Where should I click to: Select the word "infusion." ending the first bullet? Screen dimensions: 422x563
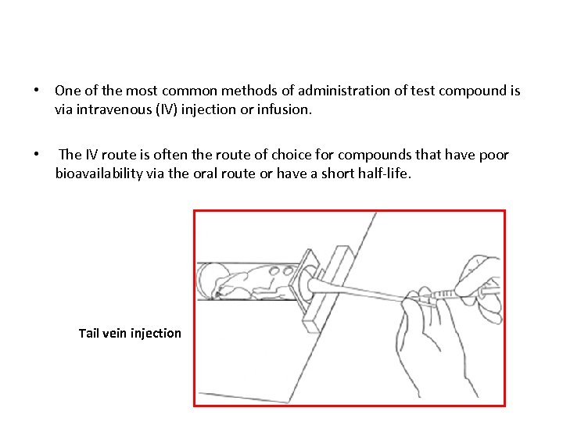pyautogui.click(x=285, y=110)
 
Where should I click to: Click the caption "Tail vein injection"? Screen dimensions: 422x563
pyautogui.click(x=130, y=333)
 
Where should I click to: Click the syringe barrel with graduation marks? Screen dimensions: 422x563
pyautogui.click(x=454, y=292)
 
